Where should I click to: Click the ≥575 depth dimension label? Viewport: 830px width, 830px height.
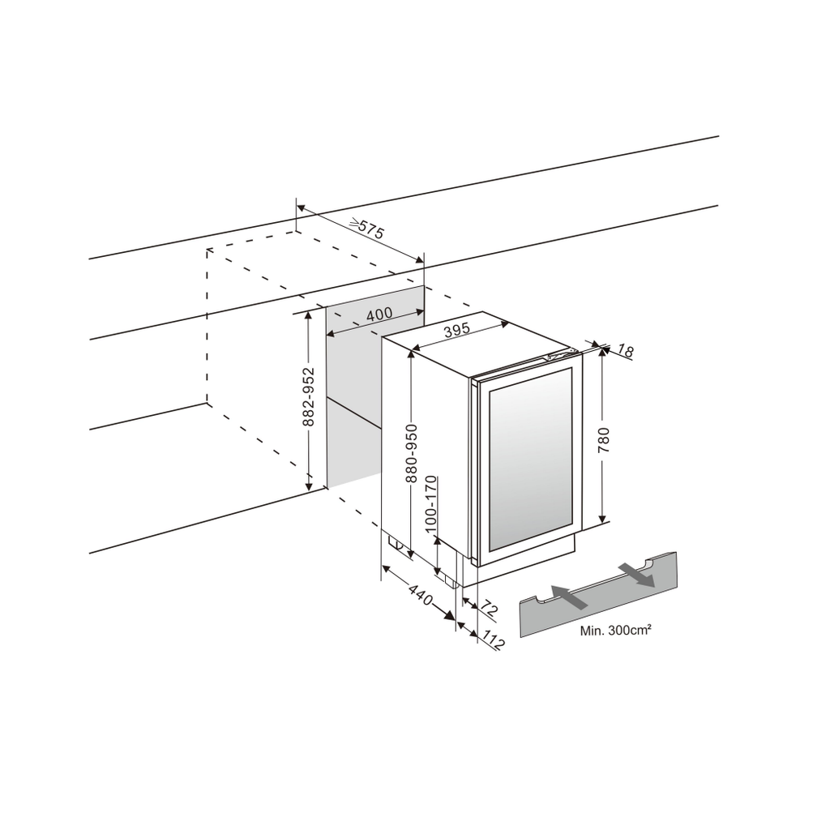[x=367, y=228]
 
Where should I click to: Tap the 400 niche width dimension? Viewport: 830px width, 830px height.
[x=379, y=314]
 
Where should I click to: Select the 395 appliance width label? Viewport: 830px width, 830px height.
[x=457, y=329]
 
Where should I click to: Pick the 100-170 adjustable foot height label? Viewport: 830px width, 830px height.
[x=431, y=504]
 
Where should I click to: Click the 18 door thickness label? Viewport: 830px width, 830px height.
[x=625, y=350]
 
